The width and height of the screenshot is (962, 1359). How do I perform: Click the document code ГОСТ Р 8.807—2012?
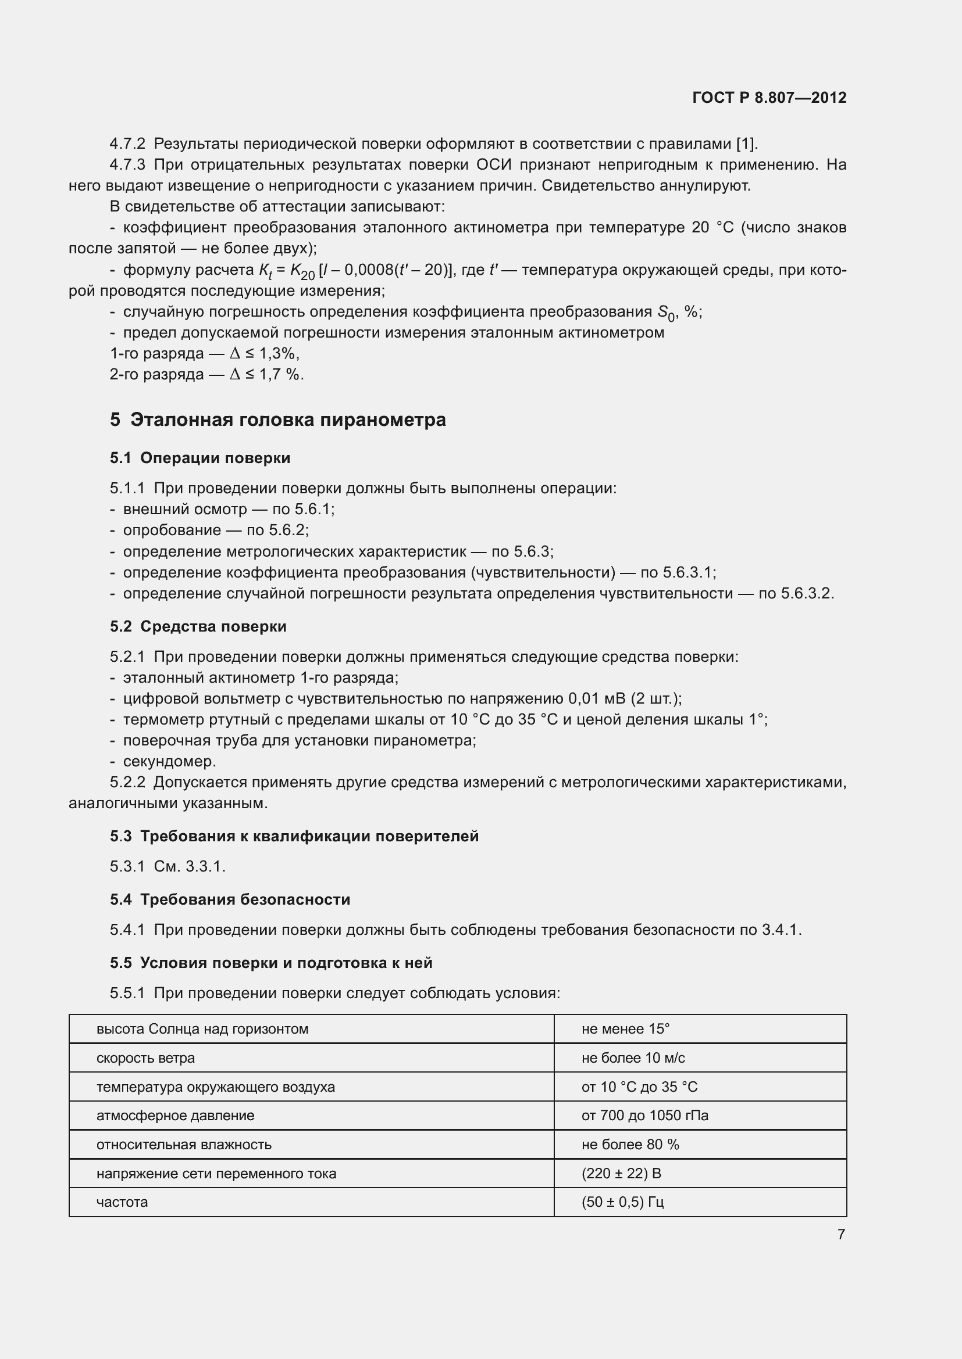click(769, 98)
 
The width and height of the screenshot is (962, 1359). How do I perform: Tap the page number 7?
click(841, 1234)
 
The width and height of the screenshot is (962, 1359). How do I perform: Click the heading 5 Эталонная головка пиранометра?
click(278, 419)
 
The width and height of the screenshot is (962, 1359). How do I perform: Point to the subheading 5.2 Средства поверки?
click(198, 626)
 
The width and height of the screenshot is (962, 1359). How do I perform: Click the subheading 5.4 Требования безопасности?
click(230, 899)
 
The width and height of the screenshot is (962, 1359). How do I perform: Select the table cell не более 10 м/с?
click(633, 1057)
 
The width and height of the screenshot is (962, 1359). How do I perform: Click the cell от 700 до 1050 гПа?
click(644, 1115)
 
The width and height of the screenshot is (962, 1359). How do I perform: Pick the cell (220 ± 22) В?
click(621, 1173)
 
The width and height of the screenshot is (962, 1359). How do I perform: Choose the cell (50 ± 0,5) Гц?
click(622, 1202)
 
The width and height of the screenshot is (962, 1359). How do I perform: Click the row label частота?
click(122, 1202)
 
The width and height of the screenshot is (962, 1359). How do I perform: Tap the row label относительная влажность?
click(184, 1144)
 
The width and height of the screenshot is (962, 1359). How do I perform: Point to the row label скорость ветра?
click(146, 1057)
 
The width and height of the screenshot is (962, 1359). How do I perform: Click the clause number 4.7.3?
click(127, 164)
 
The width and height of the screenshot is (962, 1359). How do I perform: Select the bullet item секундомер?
click(169, 761)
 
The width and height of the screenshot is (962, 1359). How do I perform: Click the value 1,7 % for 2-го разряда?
click(281, 374)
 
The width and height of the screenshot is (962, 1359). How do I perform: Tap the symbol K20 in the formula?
click(301, 271)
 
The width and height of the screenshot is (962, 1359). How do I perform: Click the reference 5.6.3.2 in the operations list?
click(807, 593)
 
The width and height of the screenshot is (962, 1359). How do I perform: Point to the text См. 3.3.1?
click(190, 866)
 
